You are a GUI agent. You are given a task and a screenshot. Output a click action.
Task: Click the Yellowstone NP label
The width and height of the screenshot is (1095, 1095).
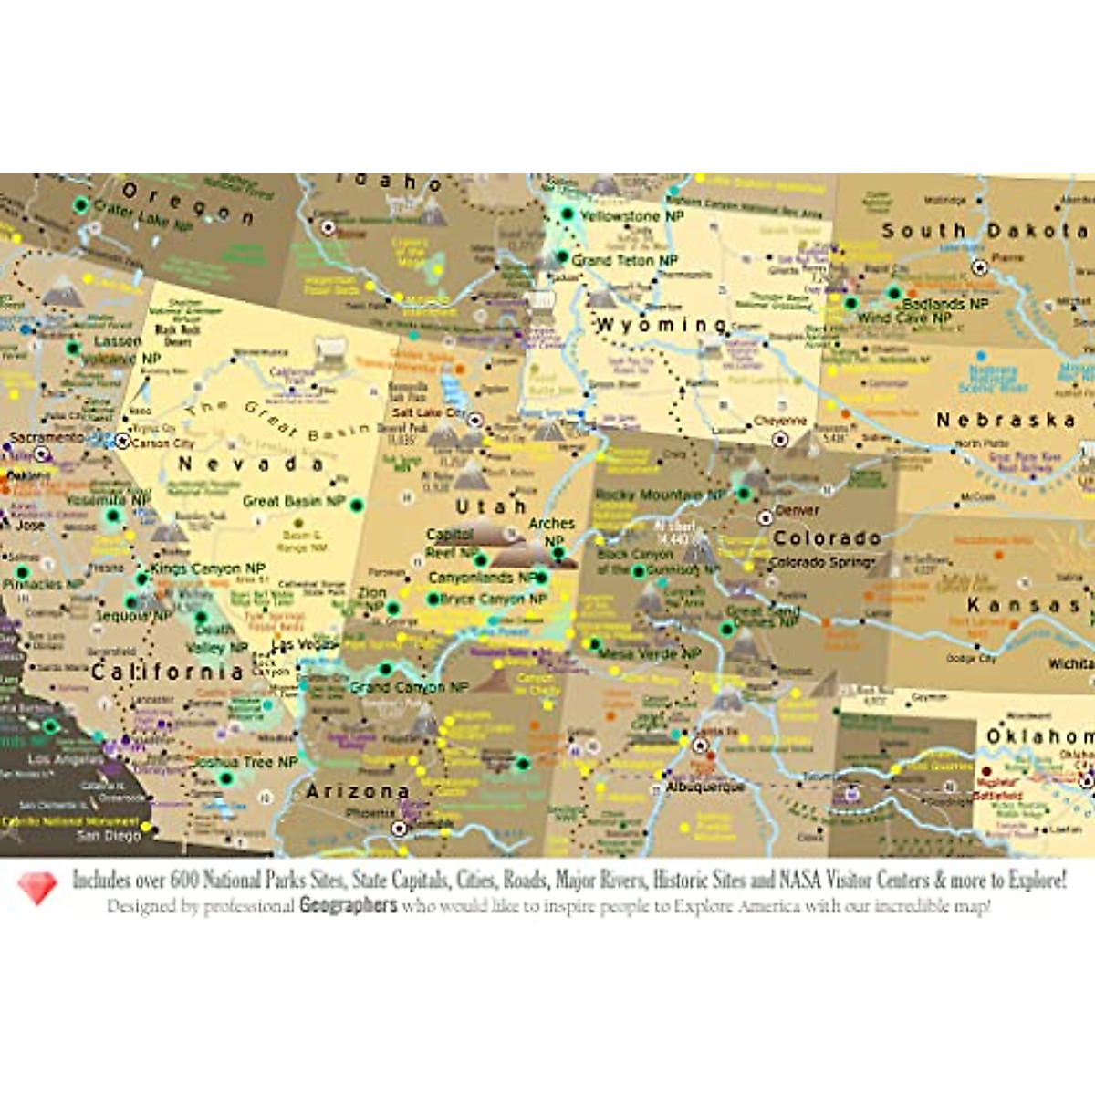point(632,216)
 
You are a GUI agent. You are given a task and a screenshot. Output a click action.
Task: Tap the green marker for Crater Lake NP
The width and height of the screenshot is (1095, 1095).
point(81,204)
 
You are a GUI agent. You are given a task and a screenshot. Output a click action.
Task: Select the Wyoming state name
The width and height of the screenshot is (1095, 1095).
point(661,325)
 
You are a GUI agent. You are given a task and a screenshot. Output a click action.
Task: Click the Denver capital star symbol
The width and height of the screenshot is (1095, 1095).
point(766,517)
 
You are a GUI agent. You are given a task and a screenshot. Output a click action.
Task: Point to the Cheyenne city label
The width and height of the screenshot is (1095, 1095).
point(780,422)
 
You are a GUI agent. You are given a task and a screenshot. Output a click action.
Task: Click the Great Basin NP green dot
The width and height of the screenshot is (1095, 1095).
point(357,505)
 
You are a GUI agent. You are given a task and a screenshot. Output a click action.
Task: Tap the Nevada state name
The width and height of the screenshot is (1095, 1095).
point(250,464)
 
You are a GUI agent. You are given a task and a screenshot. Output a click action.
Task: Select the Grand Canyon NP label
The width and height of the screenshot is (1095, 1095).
point(410,687)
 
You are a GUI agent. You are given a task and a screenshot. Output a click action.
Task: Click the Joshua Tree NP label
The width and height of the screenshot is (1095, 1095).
point(246,762)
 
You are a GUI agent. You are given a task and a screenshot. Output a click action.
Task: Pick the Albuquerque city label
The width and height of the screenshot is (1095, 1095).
point(705,787)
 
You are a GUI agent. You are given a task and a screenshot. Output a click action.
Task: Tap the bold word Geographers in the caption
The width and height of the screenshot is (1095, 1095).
point(348,905)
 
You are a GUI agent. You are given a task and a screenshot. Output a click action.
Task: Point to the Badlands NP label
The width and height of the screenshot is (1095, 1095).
point(945,304)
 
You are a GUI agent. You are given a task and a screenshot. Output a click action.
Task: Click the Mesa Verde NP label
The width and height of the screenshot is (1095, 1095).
point(650,653)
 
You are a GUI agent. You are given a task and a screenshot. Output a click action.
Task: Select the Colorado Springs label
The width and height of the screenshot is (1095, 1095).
point(822,562)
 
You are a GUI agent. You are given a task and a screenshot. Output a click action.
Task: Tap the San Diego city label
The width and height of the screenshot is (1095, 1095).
point(109,835)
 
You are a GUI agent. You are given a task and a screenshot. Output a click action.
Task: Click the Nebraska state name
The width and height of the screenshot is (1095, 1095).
point(1006,421)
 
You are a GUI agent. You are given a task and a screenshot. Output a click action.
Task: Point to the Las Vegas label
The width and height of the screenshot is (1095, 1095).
point(305,645)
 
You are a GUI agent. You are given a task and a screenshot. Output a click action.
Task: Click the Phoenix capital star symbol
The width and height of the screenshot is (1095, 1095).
point(399,829)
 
